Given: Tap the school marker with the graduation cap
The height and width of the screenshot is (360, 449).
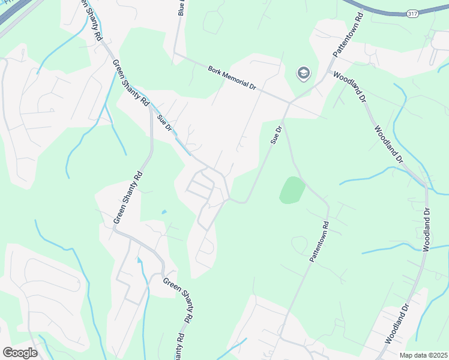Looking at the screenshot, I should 304,74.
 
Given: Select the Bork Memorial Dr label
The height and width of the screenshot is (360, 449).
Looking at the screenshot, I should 232,78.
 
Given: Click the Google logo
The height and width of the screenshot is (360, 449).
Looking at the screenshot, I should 20,352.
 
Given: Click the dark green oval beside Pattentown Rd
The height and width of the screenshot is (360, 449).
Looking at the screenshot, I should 292,190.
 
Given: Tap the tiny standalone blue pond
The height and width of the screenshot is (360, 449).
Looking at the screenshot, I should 164,212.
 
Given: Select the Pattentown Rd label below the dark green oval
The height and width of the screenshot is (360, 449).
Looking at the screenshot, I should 319,241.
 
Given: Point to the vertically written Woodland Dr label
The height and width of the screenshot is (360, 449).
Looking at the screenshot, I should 427,229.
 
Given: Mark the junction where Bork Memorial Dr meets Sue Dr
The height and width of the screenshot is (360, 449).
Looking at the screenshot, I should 289,103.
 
